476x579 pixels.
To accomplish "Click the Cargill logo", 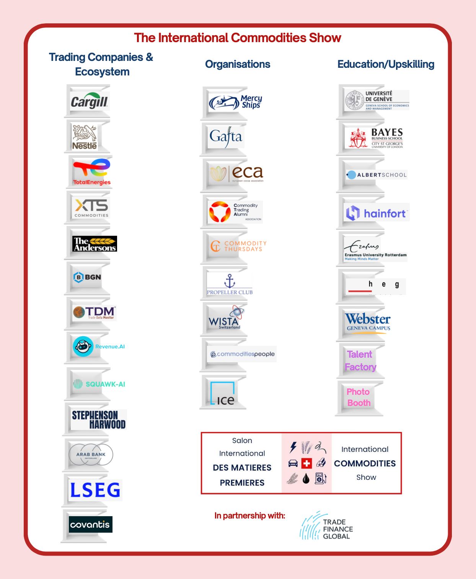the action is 90,101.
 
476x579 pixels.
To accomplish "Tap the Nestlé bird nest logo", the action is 85,137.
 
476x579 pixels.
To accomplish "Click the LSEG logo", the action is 95,490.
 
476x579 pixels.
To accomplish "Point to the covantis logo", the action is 90,525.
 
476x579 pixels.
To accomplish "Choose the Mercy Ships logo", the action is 235,102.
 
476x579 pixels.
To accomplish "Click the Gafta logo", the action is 226,137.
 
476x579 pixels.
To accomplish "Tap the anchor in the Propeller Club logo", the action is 230,281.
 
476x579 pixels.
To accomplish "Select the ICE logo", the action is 223,394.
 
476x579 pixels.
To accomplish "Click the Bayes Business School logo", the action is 376,138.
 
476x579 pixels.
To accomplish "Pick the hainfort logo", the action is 377,213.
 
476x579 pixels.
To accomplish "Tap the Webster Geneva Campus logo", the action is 368,322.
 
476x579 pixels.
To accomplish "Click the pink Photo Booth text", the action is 359,397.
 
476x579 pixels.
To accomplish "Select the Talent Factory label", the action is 360,360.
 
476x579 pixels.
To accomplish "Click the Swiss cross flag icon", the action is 306,463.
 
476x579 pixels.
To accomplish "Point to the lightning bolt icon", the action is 293,447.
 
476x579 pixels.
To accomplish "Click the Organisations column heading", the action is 238,64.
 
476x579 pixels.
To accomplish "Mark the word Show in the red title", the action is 325,38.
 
